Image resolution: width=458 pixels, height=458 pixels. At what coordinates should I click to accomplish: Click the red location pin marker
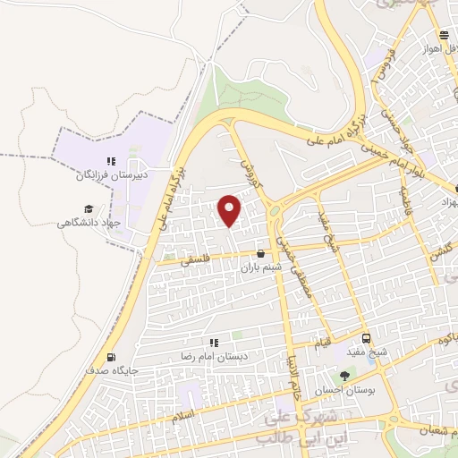click(x=231, y=211)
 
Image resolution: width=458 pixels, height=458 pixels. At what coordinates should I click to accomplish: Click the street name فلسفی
click(x=196, y=262)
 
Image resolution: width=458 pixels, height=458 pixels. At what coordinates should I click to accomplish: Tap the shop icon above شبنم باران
click(x=260, y=254)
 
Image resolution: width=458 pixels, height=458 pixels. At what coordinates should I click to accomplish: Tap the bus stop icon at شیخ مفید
click(x=367, y=338)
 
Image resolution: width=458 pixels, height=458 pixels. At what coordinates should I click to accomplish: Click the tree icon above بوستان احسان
click(x=344, y=377)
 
